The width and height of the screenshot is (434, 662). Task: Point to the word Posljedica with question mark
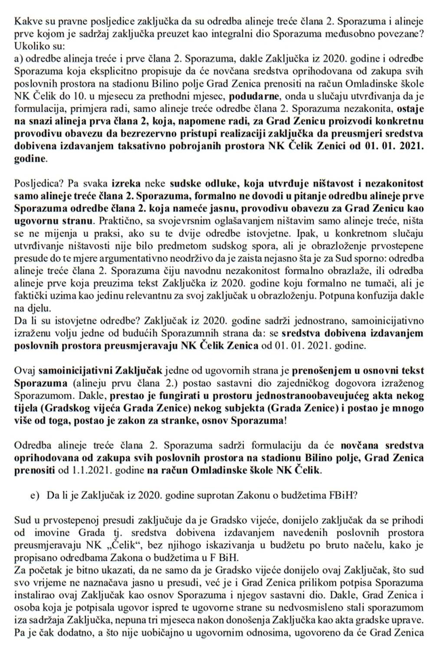coord(36,180)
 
